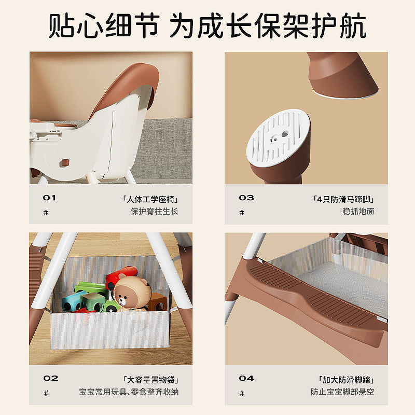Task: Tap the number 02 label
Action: [x=50, y=378]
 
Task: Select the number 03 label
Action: [x=246, y=198]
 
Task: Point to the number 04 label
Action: [x=246, y=378]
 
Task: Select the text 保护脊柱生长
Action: [x=154, y=211]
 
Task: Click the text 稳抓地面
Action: [x=358, y=211]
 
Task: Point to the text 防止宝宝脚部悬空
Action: [x=342, y=392]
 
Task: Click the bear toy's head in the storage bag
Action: [x=130, y=290]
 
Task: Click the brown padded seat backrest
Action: [x=125, y=86]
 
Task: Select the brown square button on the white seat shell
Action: [x=65, y=162]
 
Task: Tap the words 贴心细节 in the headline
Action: [x=104, y=25]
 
